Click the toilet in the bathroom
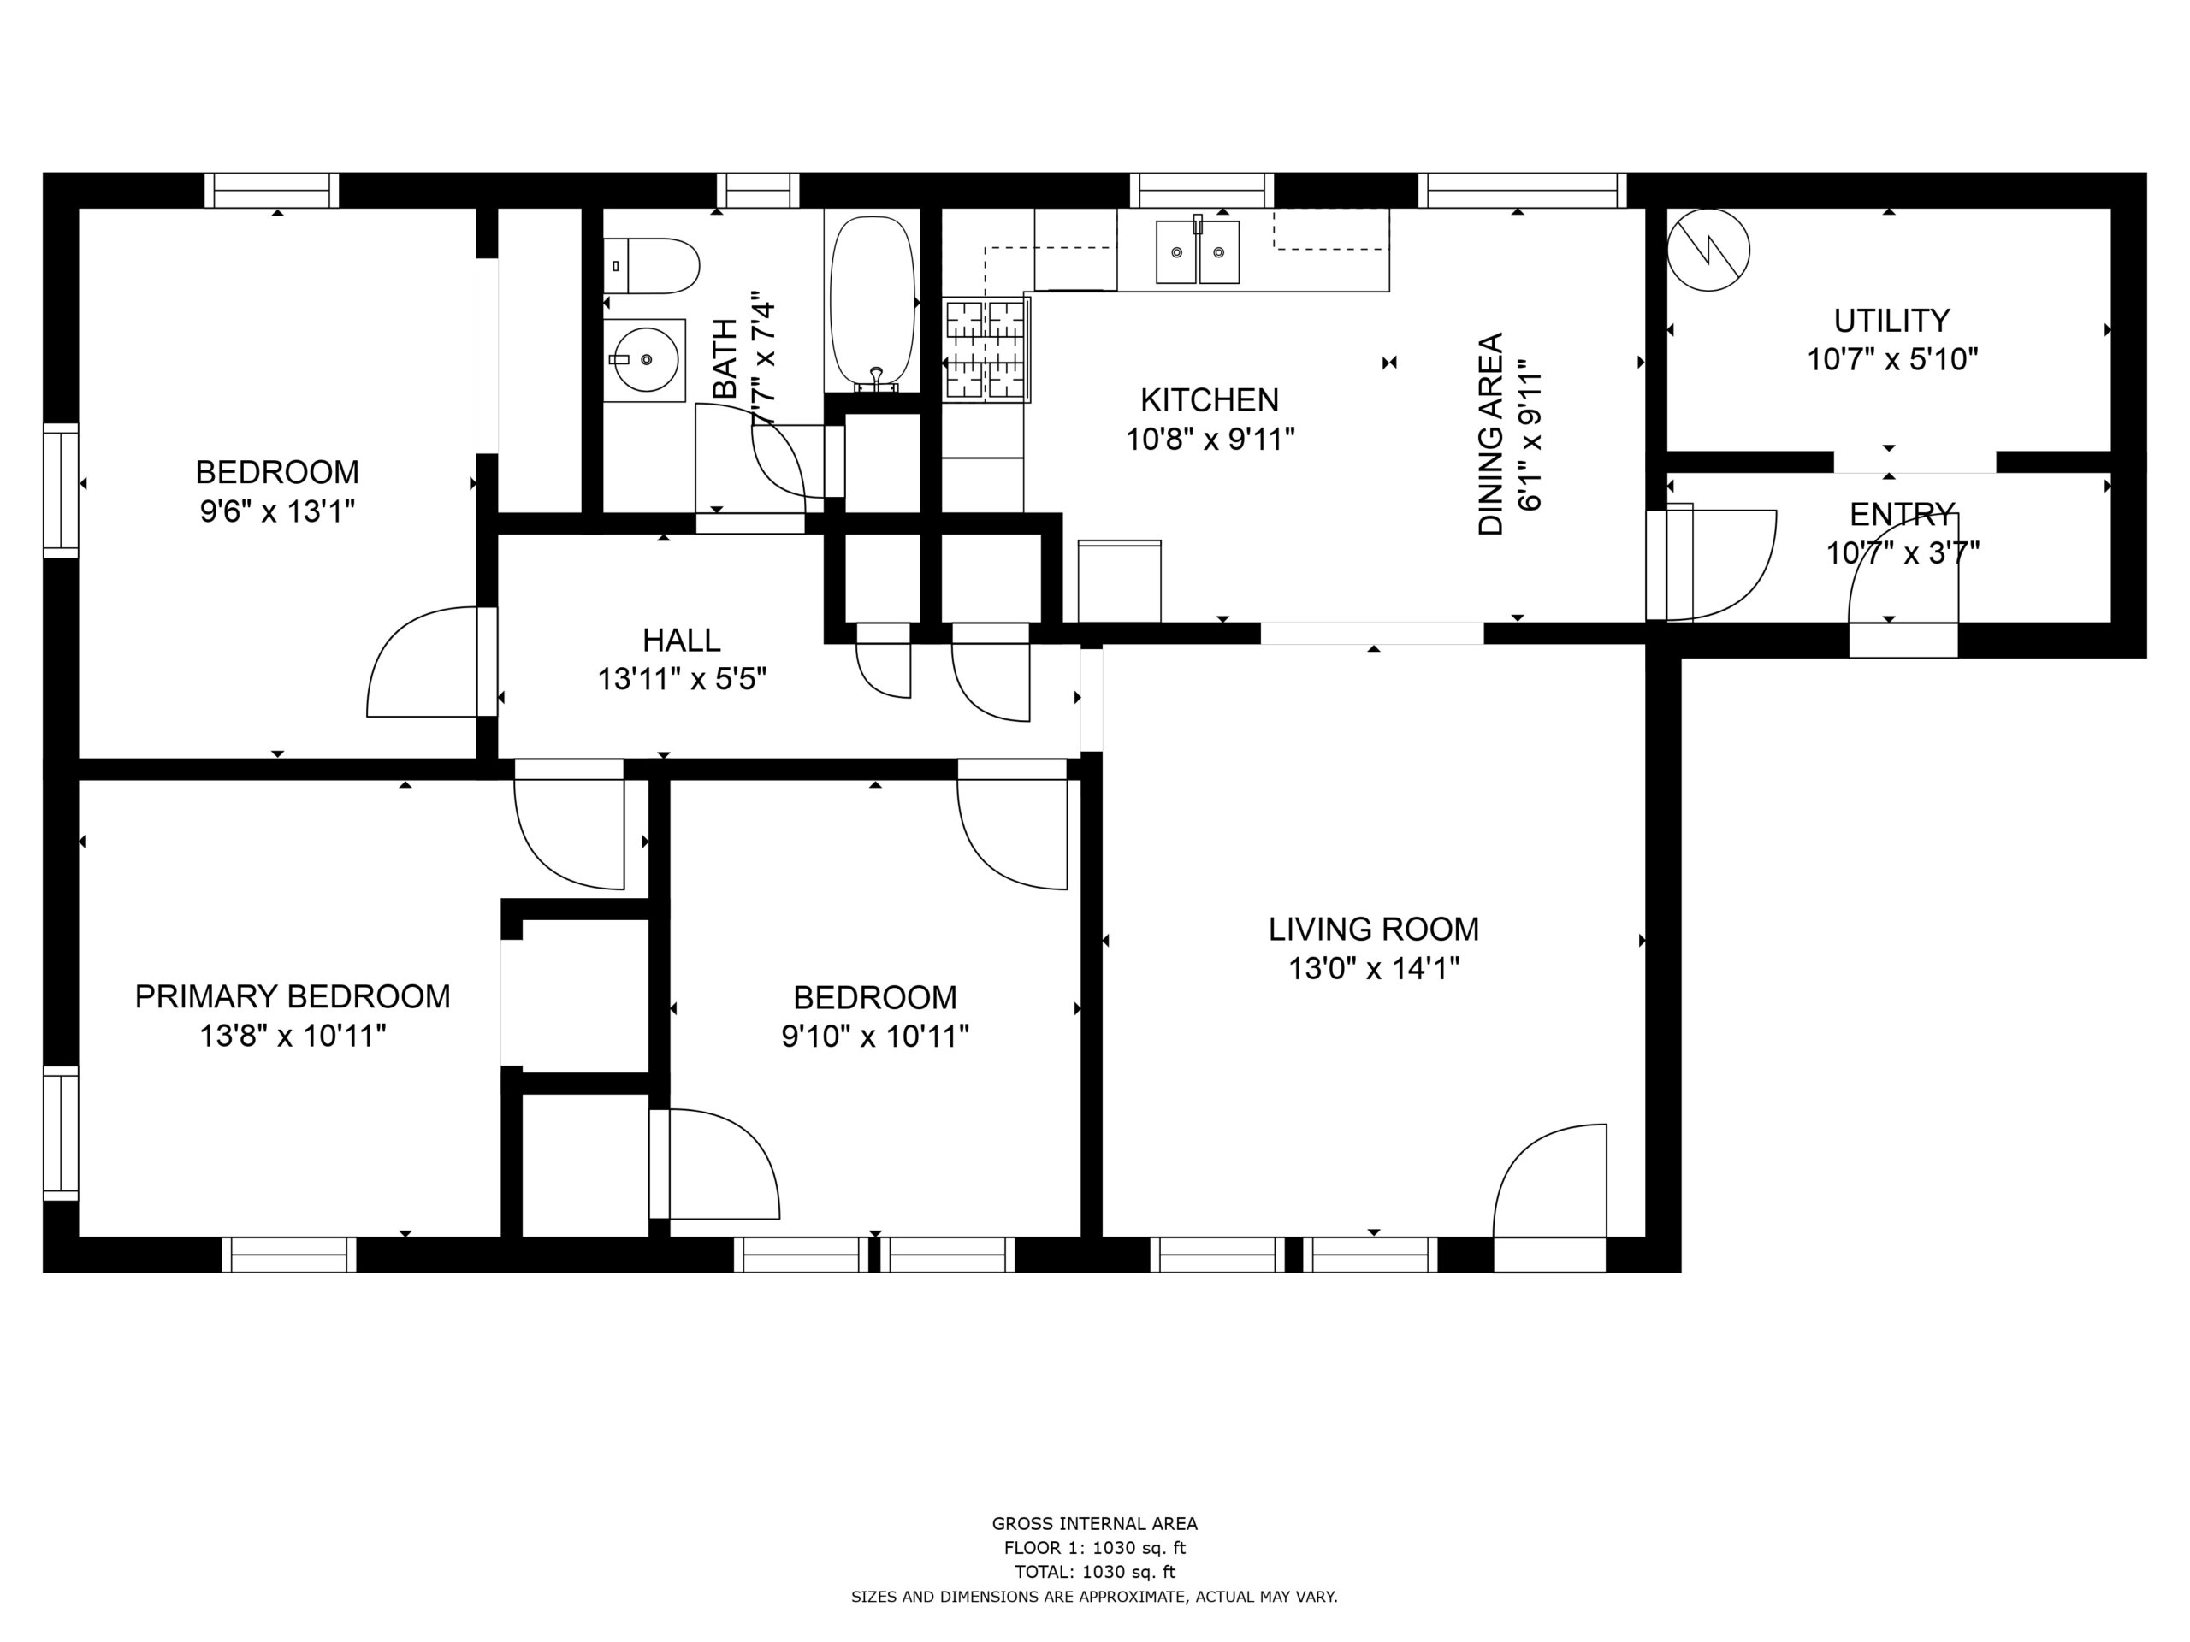(652, 265)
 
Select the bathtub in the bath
(873, 301)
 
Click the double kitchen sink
(1198, 251)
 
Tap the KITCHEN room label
(1210, 400)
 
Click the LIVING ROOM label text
(1374, 930)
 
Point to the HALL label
(681, 641)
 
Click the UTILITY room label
(1892, 321)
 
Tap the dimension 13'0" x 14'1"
(1374, 968)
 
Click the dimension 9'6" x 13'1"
(277, 511)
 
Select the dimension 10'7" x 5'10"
(1892, 359)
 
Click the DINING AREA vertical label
(1491, 434)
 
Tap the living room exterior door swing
(1549, 1181)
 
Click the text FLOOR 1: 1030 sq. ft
(1095, 1548)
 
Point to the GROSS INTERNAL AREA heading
(1095, 1524)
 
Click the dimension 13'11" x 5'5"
(682, 680)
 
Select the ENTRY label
(1902, 515)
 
